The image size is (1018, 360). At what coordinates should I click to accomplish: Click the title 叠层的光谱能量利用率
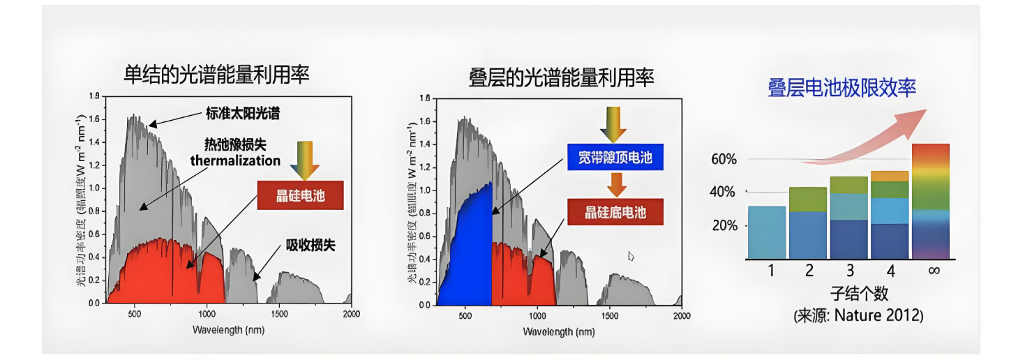562,77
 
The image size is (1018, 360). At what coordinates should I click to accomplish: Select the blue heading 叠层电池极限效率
841,89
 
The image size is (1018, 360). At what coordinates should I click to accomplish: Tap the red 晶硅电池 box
300,195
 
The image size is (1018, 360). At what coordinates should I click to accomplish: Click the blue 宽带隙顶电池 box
614,158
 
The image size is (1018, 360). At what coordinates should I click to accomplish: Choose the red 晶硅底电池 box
614,211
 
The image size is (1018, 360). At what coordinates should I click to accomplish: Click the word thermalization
235,160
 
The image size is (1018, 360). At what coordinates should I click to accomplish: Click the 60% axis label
724,159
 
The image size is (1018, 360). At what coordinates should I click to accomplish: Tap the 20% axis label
724,225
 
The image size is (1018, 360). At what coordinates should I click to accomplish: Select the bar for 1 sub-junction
766,232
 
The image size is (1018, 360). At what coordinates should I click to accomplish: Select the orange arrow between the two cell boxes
615,184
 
